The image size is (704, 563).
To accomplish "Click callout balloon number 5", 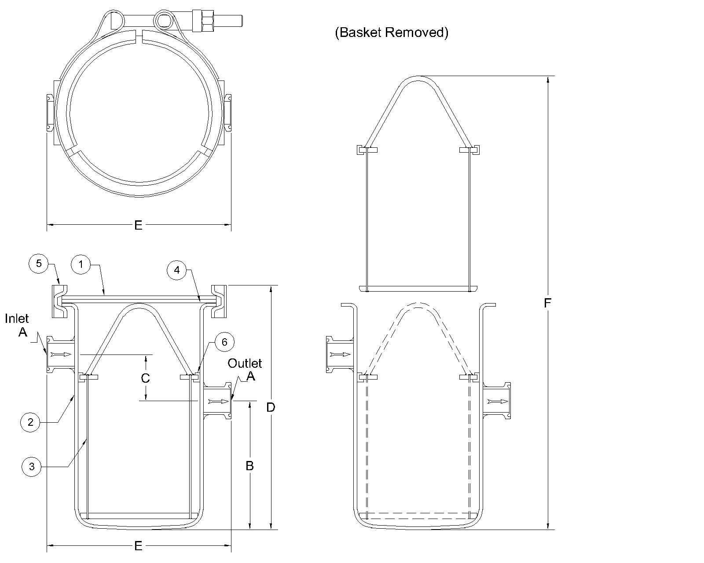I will point(39,263).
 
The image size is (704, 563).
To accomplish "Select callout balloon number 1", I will point(81,265).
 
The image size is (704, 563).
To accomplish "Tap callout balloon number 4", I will point(177,270).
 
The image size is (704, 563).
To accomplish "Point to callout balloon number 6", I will point(224,342).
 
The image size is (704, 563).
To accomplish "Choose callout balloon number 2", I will point(30,422).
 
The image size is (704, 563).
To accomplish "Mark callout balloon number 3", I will point(31,467).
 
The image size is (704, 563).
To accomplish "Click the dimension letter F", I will point(547,303).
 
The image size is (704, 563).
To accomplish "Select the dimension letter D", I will point(271,407).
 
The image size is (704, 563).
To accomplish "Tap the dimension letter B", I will point(249,465).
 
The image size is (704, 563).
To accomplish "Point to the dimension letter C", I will point(145,378).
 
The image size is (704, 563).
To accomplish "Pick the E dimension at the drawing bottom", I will point(138,546).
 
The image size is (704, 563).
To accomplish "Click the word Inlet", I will point(17,318).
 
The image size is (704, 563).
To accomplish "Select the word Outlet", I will point(245,363).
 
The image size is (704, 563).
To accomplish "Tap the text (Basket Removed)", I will point(392,33).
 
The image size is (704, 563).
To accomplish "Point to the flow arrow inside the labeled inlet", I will point(61,354).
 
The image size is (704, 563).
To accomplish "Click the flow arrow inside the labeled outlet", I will point(218,401).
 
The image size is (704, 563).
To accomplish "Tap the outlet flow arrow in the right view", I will point(498,401).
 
